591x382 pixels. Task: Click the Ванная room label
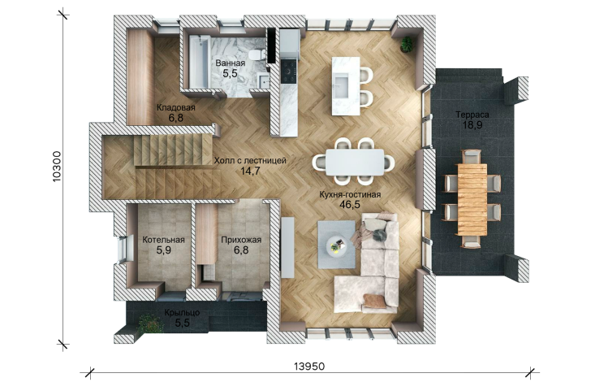point(231,63)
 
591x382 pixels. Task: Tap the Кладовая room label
point(176,107)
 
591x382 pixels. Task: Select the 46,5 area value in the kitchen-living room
point(350,205)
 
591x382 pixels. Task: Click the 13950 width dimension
point(309,366)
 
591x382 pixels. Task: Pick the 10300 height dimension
point(57,167)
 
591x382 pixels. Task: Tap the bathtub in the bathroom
point(198,61)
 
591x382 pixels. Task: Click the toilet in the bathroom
point(256,54)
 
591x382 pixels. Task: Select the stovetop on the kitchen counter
point(289,71)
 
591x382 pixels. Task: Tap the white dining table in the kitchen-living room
point(355,163)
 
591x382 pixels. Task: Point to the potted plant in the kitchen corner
point(407,43)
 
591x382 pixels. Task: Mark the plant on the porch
point(149,323)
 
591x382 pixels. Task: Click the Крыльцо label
point(182,313)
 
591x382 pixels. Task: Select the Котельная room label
point(164,240)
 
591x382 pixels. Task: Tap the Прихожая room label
point(241,240)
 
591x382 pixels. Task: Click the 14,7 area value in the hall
point(250,171)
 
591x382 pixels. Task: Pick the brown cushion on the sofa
point(375,301)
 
